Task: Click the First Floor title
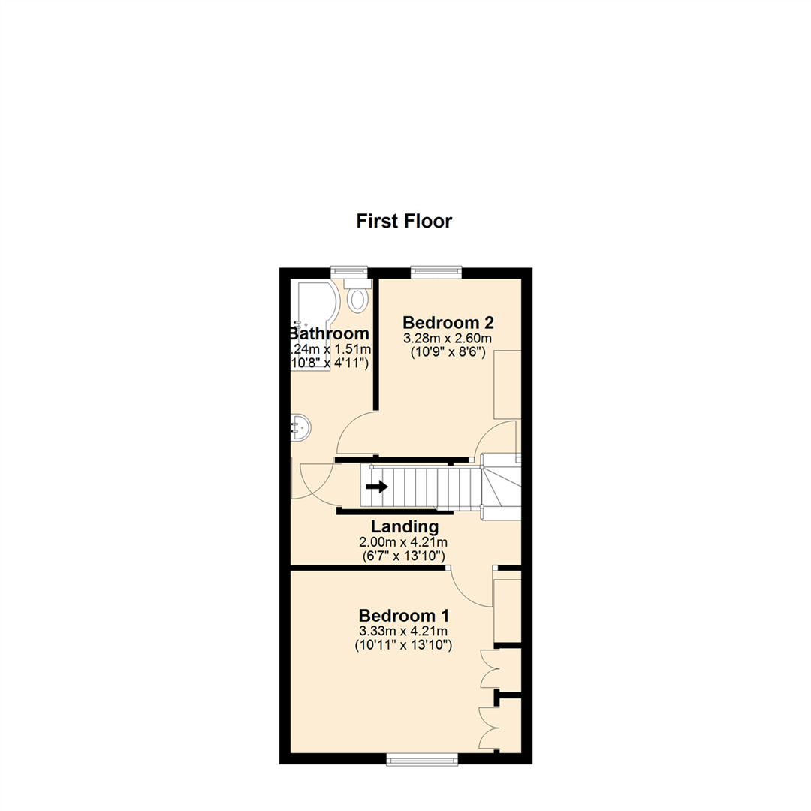coord(404,222)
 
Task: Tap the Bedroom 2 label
coord(448,323)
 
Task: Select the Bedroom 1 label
coord(405,616)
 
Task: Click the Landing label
coord(405,527)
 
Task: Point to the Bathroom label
coord(330,334)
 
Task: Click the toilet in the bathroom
coord(357,297)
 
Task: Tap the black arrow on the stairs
coord(377,487)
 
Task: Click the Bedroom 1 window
coord(421,760)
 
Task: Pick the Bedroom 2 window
coord(436,272)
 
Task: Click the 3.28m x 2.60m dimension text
coord(448,338)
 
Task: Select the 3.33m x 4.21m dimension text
coord(405,631)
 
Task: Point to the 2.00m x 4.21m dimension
coord(405,542)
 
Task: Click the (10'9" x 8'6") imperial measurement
coord(448,351)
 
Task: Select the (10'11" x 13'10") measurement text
coord(405,644)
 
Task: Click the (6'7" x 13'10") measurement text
coord(405,556)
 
